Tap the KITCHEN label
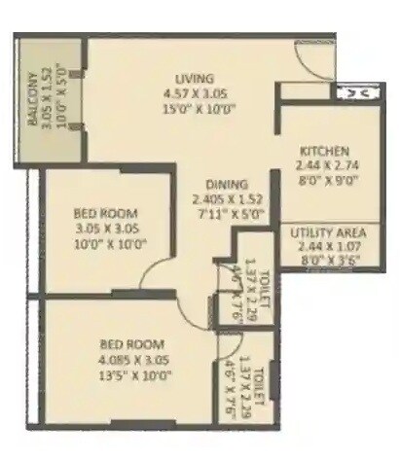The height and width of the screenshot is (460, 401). click(x=324, y=151)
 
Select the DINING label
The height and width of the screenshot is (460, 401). click(x=226, y=184)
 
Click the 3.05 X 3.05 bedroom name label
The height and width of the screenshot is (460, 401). click(x=105, y=213)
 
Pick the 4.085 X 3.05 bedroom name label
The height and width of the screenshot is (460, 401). click(x=131, y=344)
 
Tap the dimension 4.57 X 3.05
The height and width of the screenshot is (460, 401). click(x=194, y=93)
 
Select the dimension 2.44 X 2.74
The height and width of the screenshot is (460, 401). click(x=324, y=165)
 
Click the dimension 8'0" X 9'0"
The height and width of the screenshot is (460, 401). click(x=324, y=180)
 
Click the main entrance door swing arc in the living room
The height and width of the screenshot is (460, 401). click(x=313, y=64)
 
